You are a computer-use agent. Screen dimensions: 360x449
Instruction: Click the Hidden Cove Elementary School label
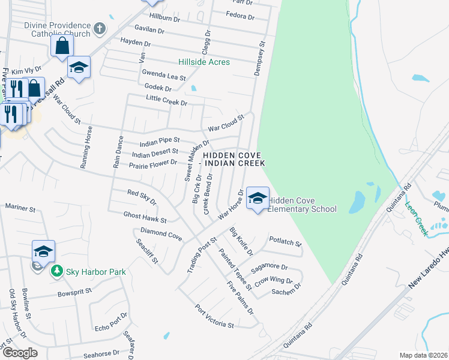click(302, 205)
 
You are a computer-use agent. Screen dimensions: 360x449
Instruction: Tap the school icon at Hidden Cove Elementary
click(258, 197)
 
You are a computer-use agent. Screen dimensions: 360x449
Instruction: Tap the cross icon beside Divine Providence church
click(100, 28)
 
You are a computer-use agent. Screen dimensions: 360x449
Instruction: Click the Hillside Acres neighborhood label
click(204, 62)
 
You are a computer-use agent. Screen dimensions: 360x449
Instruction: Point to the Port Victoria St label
click(214, 316)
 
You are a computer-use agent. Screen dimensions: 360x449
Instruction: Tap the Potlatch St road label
click(285, 242)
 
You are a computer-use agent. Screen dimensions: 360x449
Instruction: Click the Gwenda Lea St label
click(164, 75)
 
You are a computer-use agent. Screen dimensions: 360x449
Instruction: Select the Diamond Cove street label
click(161, 233)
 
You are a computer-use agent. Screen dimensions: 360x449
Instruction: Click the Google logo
click(20, 352)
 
